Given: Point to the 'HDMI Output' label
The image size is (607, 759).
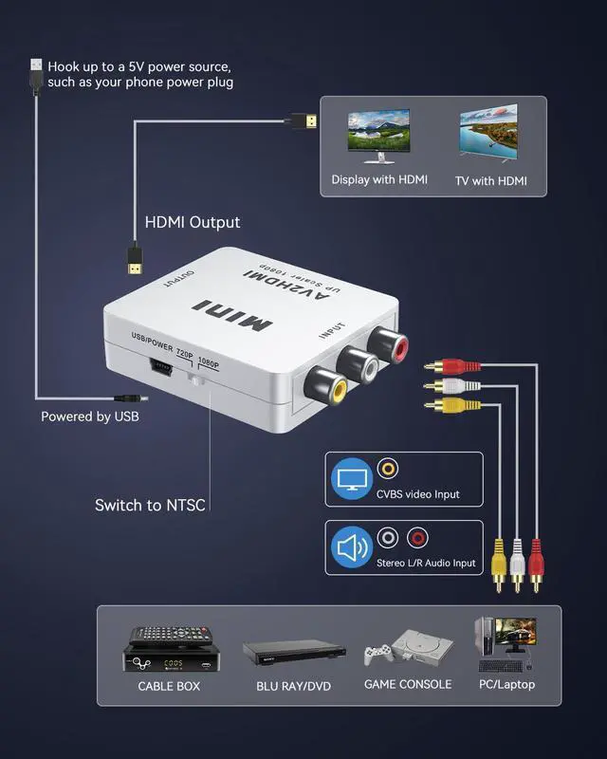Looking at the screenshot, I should click(192, 222).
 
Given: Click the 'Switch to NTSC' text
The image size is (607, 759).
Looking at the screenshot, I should click(150, 505).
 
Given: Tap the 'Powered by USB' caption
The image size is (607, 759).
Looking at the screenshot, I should click(95, 417).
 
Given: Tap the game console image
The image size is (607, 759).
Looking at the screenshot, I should click(408, 650).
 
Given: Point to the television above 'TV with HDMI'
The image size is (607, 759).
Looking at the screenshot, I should click(488, 133).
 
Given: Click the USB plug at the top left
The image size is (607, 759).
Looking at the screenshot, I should click(36, 73).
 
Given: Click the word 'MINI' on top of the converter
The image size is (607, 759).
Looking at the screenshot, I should click(232, 317).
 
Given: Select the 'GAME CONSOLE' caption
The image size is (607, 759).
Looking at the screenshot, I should click(408, 684).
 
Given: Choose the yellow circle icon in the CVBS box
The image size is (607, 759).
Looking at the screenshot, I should click(387, 469).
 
